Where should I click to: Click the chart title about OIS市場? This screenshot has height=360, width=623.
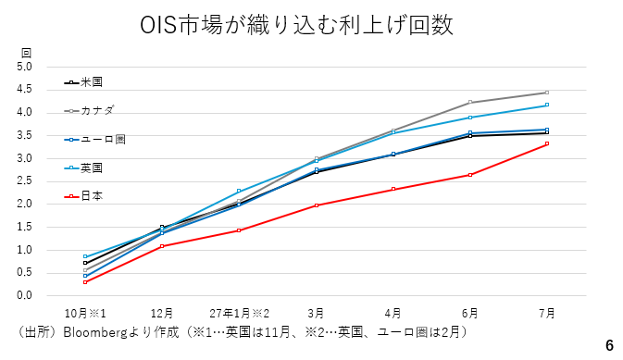[296, 25]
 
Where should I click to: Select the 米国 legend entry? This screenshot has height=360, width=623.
[83, 82]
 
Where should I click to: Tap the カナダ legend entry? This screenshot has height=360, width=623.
[89, 110]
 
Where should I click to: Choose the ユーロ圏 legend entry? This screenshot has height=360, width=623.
[95, 140]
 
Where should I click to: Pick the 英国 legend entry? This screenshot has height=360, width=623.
[83, 168]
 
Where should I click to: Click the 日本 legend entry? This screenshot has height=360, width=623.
[83, 196]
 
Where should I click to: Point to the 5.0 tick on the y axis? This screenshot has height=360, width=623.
[24, 67]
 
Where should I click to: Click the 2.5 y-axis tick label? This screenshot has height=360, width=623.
[24, 181]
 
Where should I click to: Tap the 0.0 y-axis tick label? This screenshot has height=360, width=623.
[24, 295]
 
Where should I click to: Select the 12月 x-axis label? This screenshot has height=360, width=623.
[162, 314]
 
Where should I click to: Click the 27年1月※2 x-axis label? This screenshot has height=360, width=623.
[239, 314]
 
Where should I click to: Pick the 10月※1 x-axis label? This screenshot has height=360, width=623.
[85, 314]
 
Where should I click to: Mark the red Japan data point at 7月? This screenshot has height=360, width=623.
[547, 143]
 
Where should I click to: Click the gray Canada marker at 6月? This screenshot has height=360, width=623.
[470, 102]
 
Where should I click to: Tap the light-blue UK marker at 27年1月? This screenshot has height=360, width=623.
[239, 192]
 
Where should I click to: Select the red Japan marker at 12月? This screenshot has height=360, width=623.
[162, 246]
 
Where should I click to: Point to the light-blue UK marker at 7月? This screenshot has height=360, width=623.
[547, 105]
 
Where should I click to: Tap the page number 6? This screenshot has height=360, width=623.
[609, 346]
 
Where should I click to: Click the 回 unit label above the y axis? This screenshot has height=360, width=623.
[26, 53]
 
